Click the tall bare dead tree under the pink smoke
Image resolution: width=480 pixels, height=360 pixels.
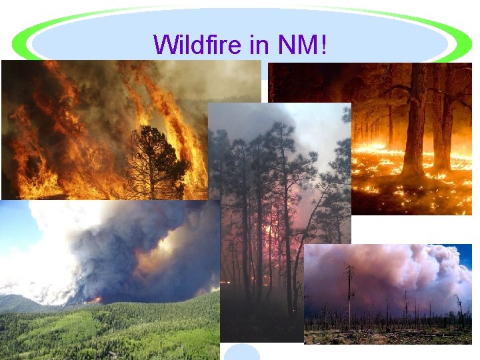pyautogui.click(x=348, y=293)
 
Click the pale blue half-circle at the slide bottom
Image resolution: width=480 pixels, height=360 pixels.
pyautogui.click(x=241, y=353)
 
